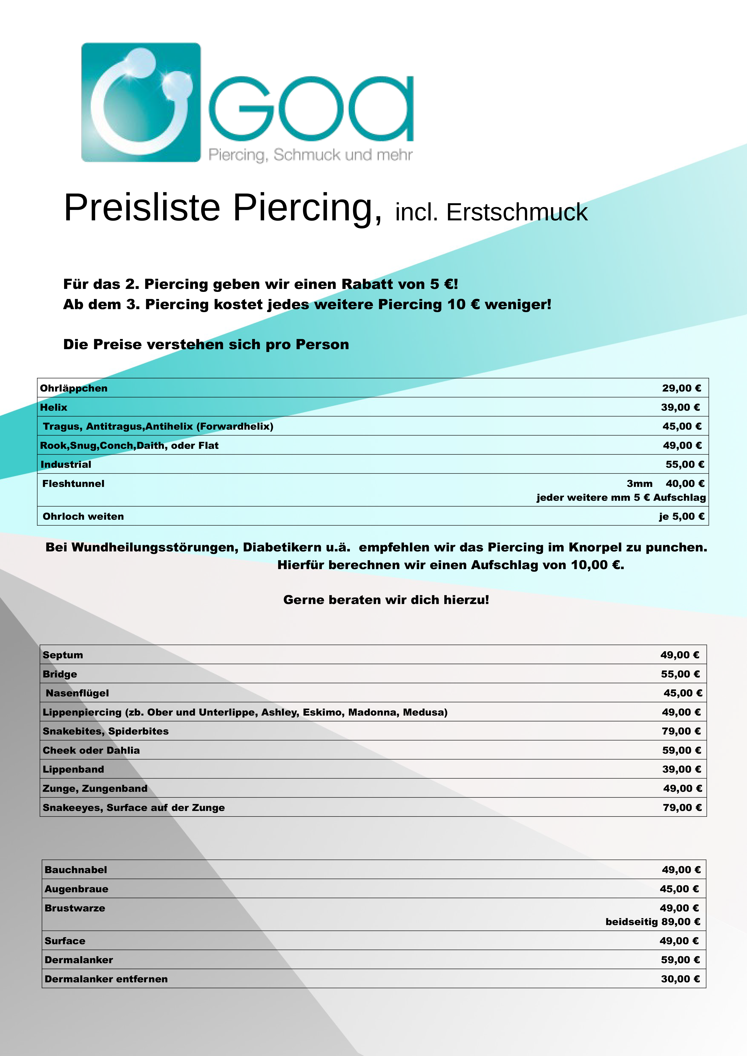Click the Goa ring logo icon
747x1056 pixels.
[141, 102]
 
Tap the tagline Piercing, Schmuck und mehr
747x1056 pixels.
[310, 155]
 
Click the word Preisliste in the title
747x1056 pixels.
[142, 208]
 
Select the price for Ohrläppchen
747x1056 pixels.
[681, 388]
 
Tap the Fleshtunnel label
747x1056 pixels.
[74, 483]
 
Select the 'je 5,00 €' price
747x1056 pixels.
[681, 517]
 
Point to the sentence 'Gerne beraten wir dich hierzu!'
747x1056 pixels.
[386, 600]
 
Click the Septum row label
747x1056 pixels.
[63, 655]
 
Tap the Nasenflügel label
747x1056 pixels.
[77, 693]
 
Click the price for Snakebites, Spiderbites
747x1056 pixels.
[681, 731]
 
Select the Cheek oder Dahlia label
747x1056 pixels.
[91, 750]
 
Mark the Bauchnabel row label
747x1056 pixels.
[76, 870]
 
